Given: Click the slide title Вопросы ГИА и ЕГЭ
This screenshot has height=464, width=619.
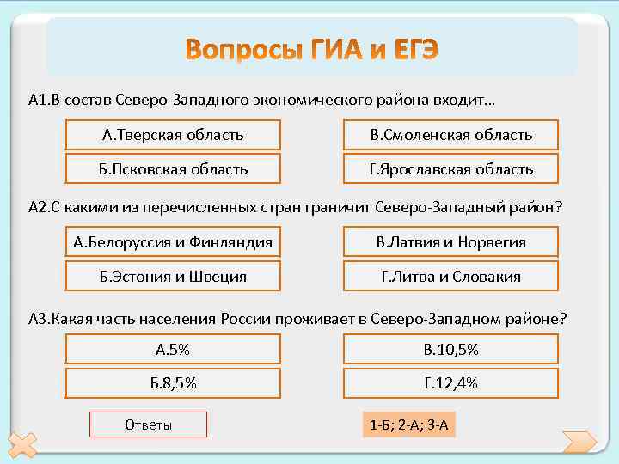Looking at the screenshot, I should coord(311,50).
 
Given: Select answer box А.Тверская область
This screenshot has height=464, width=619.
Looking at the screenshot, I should coord(173,135).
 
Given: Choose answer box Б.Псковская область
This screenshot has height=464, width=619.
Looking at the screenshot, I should coord(173,169).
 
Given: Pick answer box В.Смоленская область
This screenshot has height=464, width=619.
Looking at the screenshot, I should coord(450,135).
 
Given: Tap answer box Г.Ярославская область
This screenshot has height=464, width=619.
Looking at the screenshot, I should coord(450,169).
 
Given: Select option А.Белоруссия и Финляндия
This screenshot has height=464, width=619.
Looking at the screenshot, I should coord(173,242).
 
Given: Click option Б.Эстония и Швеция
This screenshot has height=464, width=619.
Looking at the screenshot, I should coord(173,277).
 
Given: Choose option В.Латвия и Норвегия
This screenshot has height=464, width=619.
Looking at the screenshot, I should coord(450,242).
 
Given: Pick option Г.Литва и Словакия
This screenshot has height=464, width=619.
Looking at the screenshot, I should coord(450,277).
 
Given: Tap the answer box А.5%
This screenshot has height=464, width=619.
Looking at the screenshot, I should coord(173,349).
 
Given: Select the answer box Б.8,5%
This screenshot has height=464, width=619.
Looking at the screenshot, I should coord(173,383).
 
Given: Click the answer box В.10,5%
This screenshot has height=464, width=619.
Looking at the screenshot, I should coord(450,349).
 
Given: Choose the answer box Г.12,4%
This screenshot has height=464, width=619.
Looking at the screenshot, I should coord(450,383).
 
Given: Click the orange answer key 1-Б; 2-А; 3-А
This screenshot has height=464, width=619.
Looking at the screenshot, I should coord(408,424).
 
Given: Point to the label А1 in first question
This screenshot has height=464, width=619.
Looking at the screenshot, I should coord(38,101).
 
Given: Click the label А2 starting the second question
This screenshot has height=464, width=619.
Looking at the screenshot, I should coord(38,207).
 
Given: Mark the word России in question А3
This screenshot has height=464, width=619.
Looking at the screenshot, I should coord(246,318).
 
